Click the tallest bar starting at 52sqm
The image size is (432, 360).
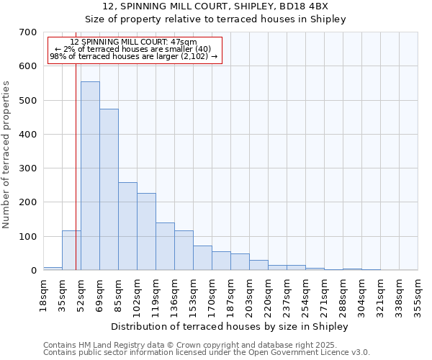coord(90,176)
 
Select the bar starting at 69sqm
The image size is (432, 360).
coord(109,190)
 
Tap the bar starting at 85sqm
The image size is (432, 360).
coord(127,227)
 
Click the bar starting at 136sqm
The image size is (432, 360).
coord(184,251)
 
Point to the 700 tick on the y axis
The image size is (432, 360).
coord(28,32)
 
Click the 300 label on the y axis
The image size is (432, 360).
coord(28,168)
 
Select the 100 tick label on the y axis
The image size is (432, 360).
coord(28,237)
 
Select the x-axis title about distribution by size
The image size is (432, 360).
coord(230,327)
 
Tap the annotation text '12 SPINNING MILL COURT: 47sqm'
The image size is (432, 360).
coord(134,42)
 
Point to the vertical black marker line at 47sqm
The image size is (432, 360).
coord(76,144)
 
